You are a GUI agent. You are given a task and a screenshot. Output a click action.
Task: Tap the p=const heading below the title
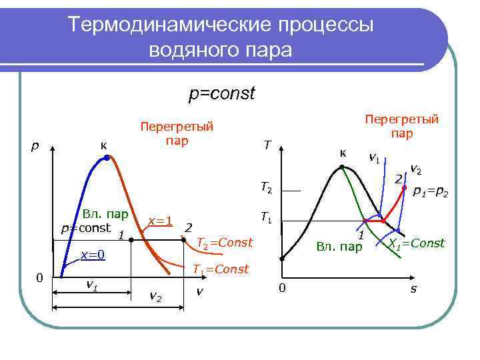221,93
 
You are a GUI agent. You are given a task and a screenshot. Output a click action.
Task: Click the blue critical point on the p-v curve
106,158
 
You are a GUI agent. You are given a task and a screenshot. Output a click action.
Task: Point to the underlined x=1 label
160,221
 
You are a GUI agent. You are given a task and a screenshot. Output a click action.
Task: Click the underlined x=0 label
93,254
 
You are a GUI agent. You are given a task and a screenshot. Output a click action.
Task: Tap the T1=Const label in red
220,269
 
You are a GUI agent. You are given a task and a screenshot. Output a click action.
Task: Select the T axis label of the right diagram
267,145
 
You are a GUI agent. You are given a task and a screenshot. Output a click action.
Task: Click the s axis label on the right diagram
413,289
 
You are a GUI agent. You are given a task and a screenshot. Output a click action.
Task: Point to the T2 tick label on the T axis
266,190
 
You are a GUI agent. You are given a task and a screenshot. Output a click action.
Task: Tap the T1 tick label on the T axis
266,218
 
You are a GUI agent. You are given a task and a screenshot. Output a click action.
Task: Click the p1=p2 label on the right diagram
430,193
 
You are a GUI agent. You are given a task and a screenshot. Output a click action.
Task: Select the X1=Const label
416,243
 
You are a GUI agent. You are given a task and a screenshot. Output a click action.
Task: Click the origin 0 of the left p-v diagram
39,277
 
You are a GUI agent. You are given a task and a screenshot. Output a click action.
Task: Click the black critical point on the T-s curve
342,167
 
